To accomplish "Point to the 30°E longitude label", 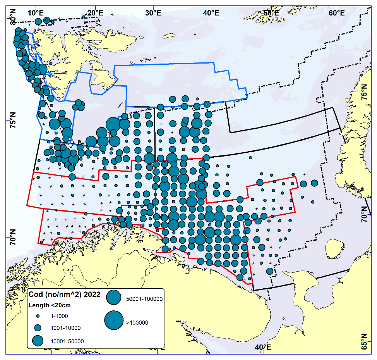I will tap(153, 12).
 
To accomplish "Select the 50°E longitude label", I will tap(271, 12).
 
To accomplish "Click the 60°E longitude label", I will tap(337, 12).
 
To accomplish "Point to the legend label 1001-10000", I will tap(65, 328).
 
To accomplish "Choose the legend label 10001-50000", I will tap(67, 341).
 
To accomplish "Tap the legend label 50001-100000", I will tap(144, 299).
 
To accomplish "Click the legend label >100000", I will tap(137, 322).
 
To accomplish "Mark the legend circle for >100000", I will tap(114, 320).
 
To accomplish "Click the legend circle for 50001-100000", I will tap(114, 297).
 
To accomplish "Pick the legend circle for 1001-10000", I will tap(38, 328).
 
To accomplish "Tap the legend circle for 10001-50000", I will tap(38, 341).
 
